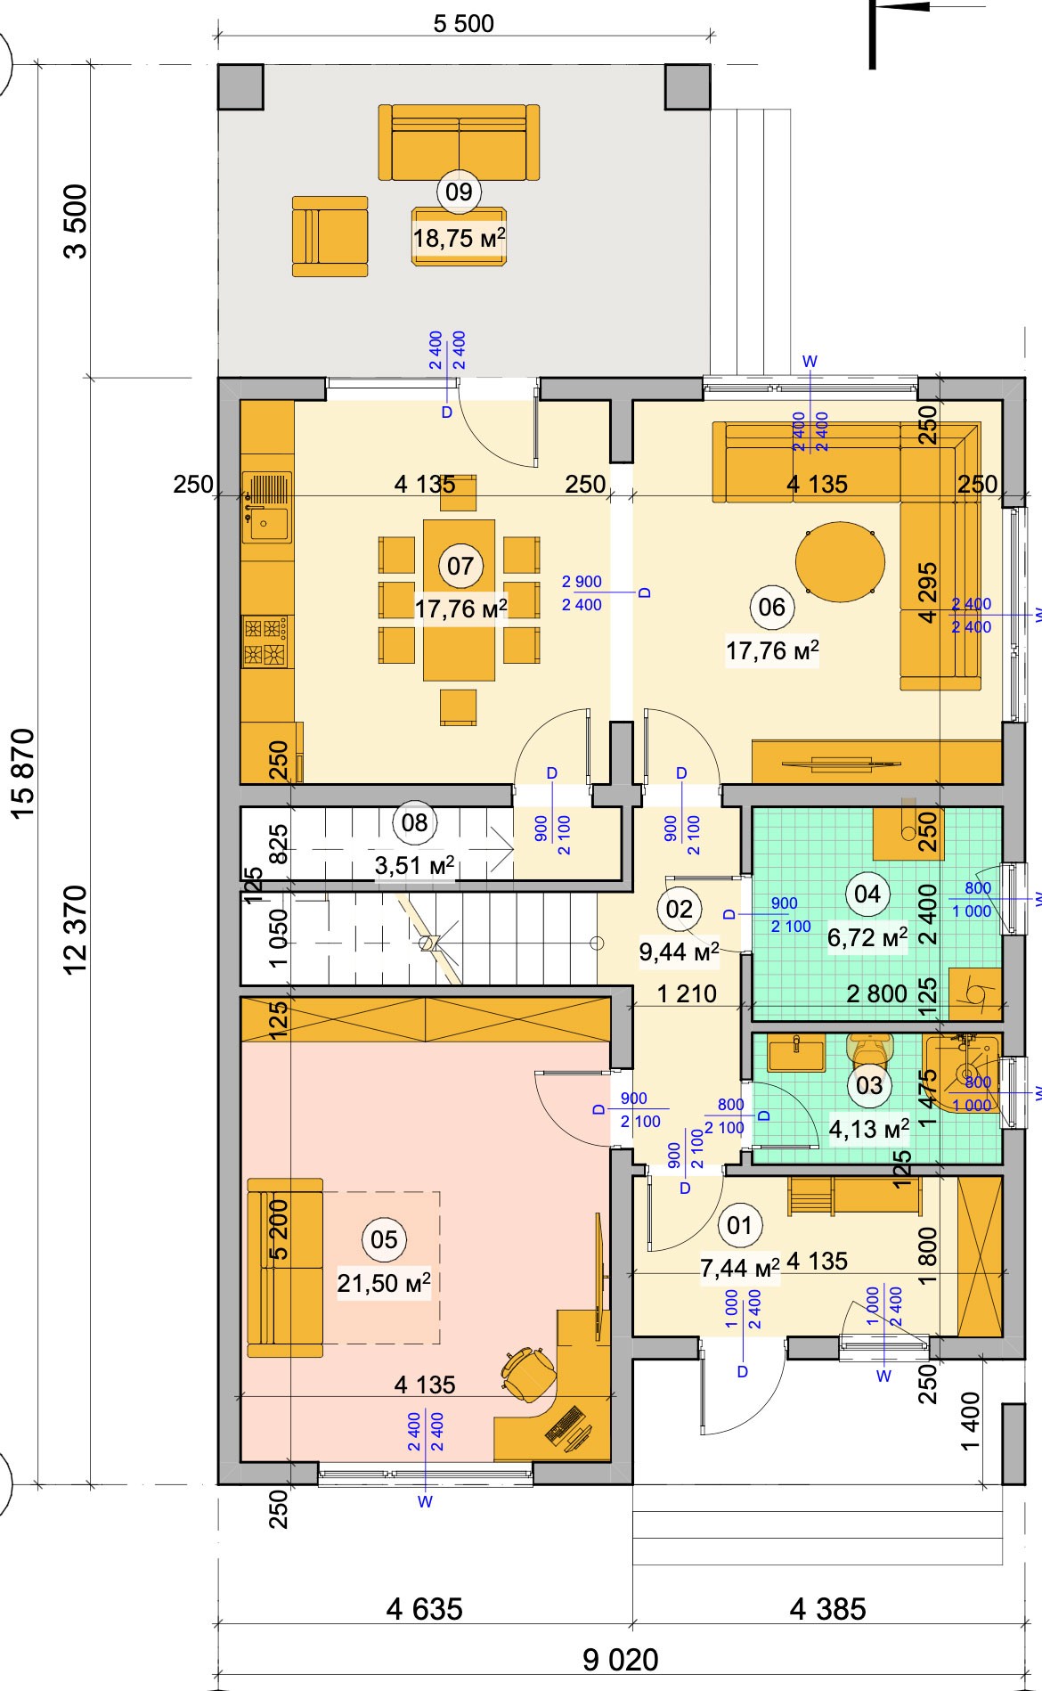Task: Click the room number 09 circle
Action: click(x=459, y=192)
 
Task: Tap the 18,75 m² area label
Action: click(x=459, y=238)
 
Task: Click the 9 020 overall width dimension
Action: click(x=620, y=1660)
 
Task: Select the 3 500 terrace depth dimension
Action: click(x=77, y=221)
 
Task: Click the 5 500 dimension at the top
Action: click(x=464, y=23)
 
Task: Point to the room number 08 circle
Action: click(x=415, y=822)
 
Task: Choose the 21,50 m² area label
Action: click(x=384, y=1283)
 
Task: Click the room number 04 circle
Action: click(x=867, y=894)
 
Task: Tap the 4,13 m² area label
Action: click(x=869, y=1129)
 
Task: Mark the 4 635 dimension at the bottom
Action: click(x=425, y=1609)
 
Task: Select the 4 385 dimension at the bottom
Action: click(x=827, y=1609)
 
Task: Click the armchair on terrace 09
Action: click(x=330, y=237)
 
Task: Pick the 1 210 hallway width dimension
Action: click(x=687, y=993)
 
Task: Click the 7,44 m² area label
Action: click(x=740, y=1267)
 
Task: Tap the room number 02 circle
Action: click(x=679, y=909)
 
